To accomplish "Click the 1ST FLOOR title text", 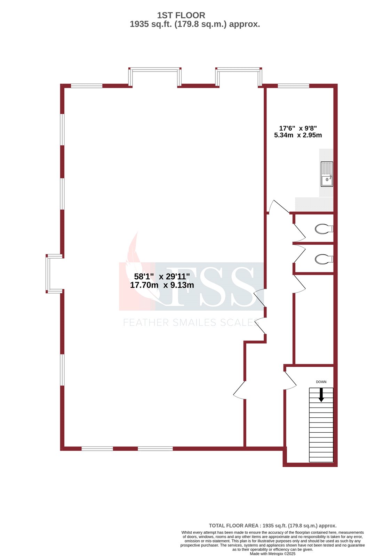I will [181, 15].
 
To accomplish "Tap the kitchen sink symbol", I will [327, 174].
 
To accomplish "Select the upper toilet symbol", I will [324, 229].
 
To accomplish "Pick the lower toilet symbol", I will [324, 259].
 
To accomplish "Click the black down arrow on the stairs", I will [321, 395].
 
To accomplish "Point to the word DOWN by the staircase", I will [321, 382].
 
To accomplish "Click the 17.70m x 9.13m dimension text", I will [162, 285].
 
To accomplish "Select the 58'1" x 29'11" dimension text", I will [162, 277].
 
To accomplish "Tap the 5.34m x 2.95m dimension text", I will [298, 135].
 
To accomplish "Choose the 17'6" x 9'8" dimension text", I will [298, 128].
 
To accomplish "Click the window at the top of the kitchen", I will [293, 85].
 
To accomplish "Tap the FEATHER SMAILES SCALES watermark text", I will [191, 323].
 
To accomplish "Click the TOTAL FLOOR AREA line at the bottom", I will [272, 526].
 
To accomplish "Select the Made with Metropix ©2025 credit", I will [272, 554].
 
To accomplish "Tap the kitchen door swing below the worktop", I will [278, 207].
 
